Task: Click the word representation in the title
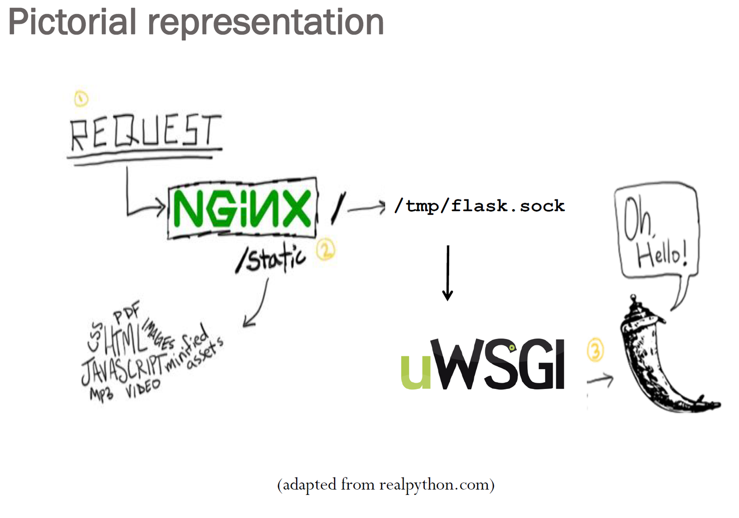(266, 23)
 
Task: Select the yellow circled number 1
(81, 99)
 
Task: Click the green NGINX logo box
(242, 209)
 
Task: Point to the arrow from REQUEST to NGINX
(138, 203)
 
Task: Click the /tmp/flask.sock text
(479, 206)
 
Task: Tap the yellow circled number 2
(326, 250)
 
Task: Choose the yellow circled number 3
(595, 351)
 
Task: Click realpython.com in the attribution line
(434, 485)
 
